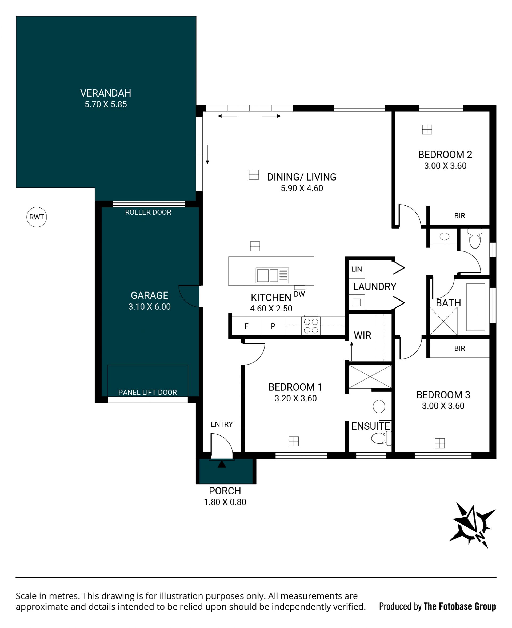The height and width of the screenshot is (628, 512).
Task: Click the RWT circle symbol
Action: [37, 217]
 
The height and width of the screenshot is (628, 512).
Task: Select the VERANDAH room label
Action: [106, 93]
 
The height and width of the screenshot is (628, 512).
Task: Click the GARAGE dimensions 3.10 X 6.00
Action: [149, 306]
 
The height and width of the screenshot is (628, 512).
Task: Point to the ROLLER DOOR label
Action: [148, 212]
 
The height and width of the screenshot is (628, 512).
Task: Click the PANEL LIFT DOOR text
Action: [147, 392]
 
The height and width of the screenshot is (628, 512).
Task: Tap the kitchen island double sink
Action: [272, 275]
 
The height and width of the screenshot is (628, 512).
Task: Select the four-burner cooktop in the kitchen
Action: [311, 326]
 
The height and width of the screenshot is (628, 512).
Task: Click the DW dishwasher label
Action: [299, 294]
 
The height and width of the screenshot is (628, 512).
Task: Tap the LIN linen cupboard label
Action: [357, 269]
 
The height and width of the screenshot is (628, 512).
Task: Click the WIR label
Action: [362, 335]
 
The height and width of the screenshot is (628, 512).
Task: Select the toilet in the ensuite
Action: [381, 438]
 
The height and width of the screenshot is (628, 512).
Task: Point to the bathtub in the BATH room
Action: [475, 307]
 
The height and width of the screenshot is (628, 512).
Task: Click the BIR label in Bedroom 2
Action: [459, 216]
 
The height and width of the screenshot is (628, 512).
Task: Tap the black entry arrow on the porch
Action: [222, 464]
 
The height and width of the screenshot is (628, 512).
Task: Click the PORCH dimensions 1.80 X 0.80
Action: [225, 502]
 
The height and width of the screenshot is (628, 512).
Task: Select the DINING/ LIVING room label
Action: [302, 177]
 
